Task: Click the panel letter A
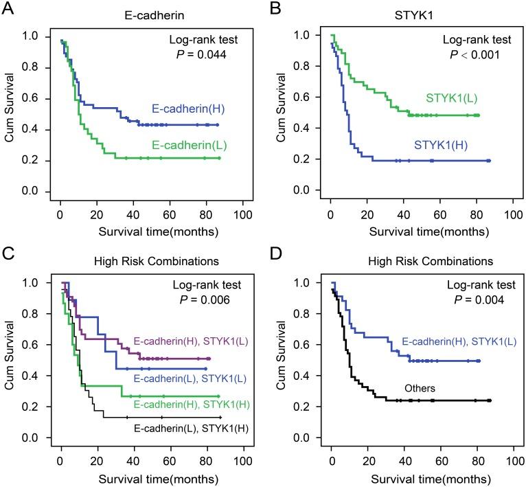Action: (x=9, y=9)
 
